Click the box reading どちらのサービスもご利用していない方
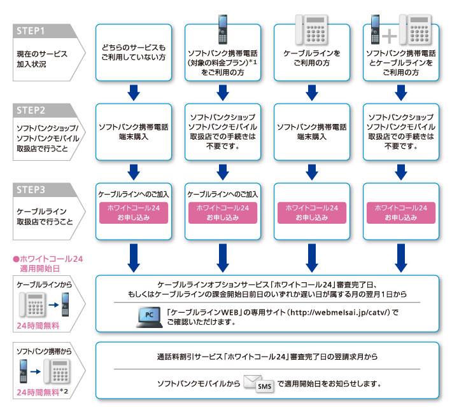click(x=134, y=52)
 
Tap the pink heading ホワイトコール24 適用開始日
click(x=48, y=263)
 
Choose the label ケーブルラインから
click(x=39, y=282)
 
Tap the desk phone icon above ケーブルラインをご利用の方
click(x=312, y=29)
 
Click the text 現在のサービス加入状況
click(x=42, y=59)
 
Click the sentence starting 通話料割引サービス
click(x=267, y=356)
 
